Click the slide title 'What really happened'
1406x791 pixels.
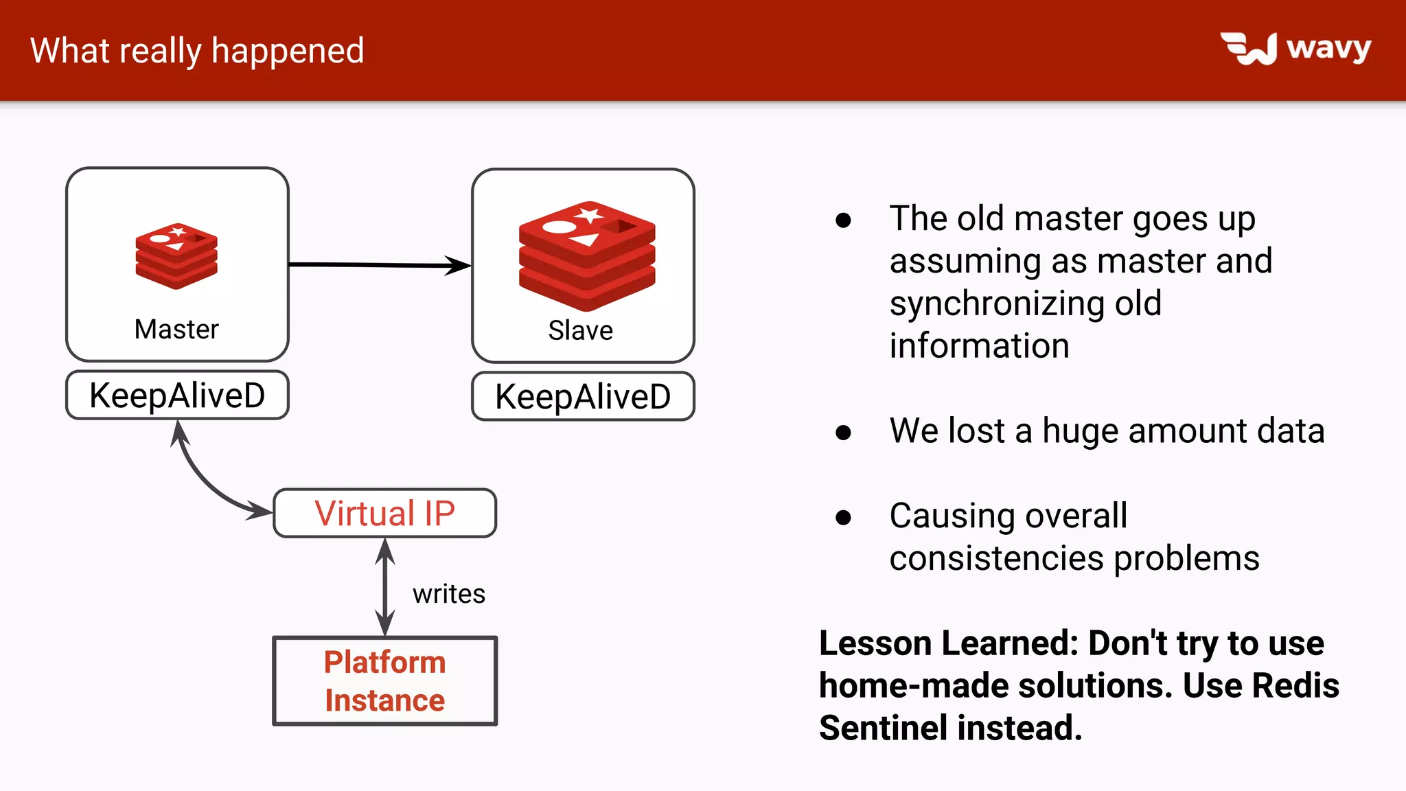click(x=197, y=51)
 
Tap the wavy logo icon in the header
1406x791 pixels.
click(x=1249, y=49)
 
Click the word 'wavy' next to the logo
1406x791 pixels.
click(x=1328, y=48)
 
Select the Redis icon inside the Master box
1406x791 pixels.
click(x=176, y=256)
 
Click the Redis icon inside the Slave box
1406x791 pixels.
click(x=587, y=255)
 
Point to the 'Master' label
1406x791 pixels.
click(x=176, y=330)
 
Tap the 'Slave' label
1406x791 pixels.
click(x=580, y=331)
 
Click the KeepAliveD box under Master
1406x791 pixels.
click(x=177, y=395)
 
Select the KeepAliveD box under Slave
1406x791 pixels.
click(x=583, y=397)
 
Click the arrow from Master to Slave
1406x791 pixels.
click(x=378, y=264)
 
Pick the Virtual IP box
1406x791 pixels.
click(x=384, y=513)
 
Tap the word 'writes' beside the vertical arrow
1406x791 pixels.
click(x=448, y=594)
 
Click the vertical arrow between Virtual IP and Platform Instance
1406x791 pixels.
click(x=385, y=587)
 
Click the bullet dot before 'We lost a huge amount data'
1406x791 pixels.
click(x=843, y=433)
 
